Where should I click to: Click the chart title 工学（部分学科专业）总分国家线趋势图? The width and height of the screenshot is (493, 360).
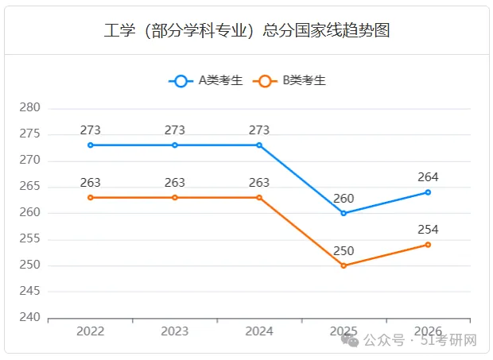(x=246, y=30)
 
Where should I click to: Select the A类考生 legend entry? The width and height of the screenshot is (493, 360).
(x=206, y=81)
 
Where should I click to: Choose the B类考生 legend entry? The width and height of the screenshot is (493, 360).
(x=289, y=81)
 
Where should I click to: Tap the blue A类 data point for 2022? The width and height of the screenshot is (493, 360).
(x=90, y=145)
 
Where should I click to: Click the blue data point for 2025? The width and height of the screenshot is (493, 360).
(x=344, y=213)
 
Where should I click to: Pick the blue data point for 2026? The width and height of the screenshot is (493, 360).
(x=428, y=192)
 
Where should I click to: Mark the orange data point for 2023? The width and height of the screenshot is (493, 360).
(x=175, y=198)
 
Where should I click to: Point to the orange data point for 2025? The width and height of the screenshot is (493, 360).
(x=344, y=265)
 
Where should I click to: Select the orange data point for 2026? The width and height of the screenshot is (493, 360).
(x=428, y=245)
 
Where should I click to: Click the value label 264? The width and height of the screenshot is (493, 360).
(x=428, y=177)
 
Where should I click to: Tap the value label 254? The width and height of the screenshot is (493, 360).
(x=428, y=230)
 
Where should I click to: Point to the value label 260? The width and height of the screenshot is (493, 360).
(x=344, y=199)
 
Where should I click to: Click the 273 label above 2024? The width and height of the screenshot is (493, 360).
(x=259, y=130)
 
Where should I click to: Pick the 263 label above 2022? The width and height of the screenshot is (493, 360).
(x=90, y=183)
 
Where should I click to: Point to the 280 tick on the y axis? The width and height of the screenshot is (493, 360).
(x=30, y=107)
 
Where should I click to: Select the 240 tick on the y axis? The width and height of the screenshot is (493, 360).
(x=30, y=317)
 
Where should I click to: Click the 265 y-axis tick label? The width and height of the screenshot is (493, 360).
(x=30, y=186)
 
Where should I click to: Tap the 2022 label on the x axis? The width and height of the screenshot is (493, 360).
(x=90, y=331)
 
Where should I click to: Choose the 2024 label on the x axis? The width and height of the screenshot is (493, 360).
(x=259, y=331)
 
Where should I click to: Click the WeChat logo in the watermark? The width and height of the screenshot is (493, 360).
(x=350, y=340)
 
